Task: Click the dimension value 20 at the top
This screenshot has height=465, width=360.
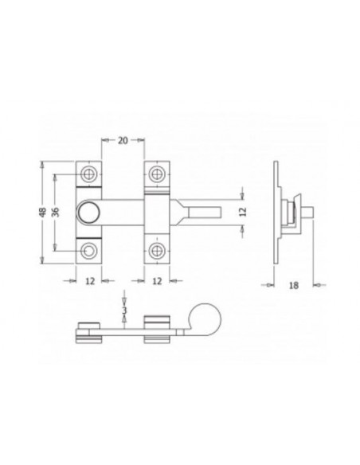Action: pyautogui.click(x=123, y=142)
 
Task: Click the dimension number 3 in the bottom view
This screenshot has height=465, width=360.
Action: pyautogui.click(x=123, y=306)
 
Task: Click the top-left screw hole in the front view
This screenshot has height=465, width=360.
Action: pyautogui.click(x=88, y=173)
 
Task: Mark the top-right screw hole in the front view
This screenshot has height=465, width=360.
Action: pyautogui.click(x=156, y=173)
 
